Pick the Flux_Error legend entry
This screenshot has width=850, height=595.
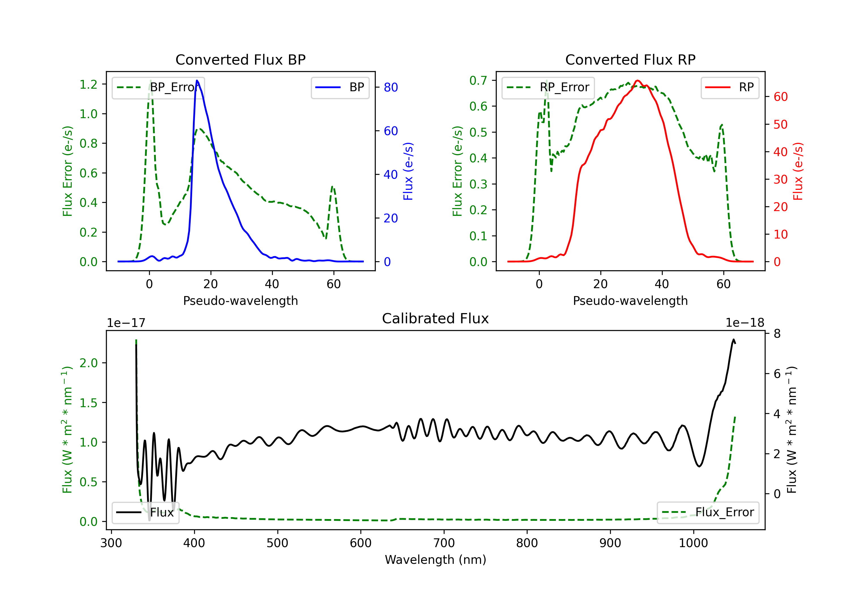(x=708, y=513)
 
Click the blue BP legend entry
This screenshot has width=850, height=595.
(x=340, y=87)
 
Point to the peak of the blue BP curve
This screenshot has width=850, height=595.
(x=197, y=81)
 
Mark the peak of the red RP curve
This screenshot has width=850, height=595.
(x=637, y=81)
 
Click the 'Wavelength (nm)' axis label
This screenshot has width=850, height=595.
(x=435, y=560)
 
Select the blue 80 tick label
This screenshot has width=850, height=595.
(x=390, y=87)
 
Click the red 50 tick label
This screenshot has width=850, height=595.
(x=780, y=124)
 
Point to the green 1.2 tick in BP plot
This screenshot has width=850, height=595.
(x=88, y=84)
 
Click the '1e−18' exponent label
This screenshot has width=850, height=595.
(x=745, y=323)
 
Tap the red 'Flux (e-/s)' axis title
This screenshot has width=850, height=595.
(x=798, y=171)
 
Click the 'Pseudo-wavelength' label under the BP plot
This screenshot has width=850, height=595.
(x=240, y=301)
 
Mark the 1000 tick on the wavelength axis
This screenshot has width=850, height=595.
(x=693, y=543)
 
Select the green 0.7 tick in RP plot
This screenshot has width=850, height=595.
(x=478, y=80)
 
